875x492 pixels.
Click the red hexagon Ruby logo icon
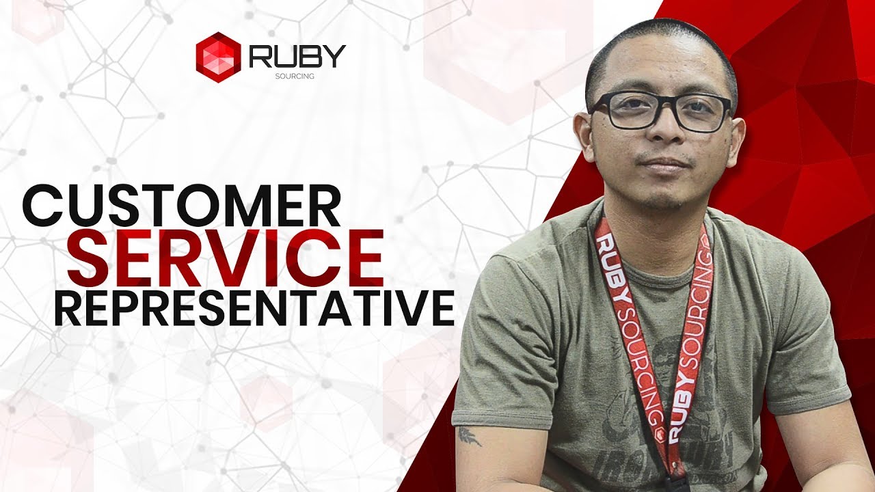click(218, 57)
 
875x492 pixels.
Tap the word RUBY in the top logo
click(297, 56)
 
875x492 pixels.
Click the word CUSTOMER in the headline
click(182, 206)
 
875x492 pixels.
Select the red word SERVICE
click(225, 258)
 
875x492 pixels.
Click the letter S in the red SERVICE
click(90, 258)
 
